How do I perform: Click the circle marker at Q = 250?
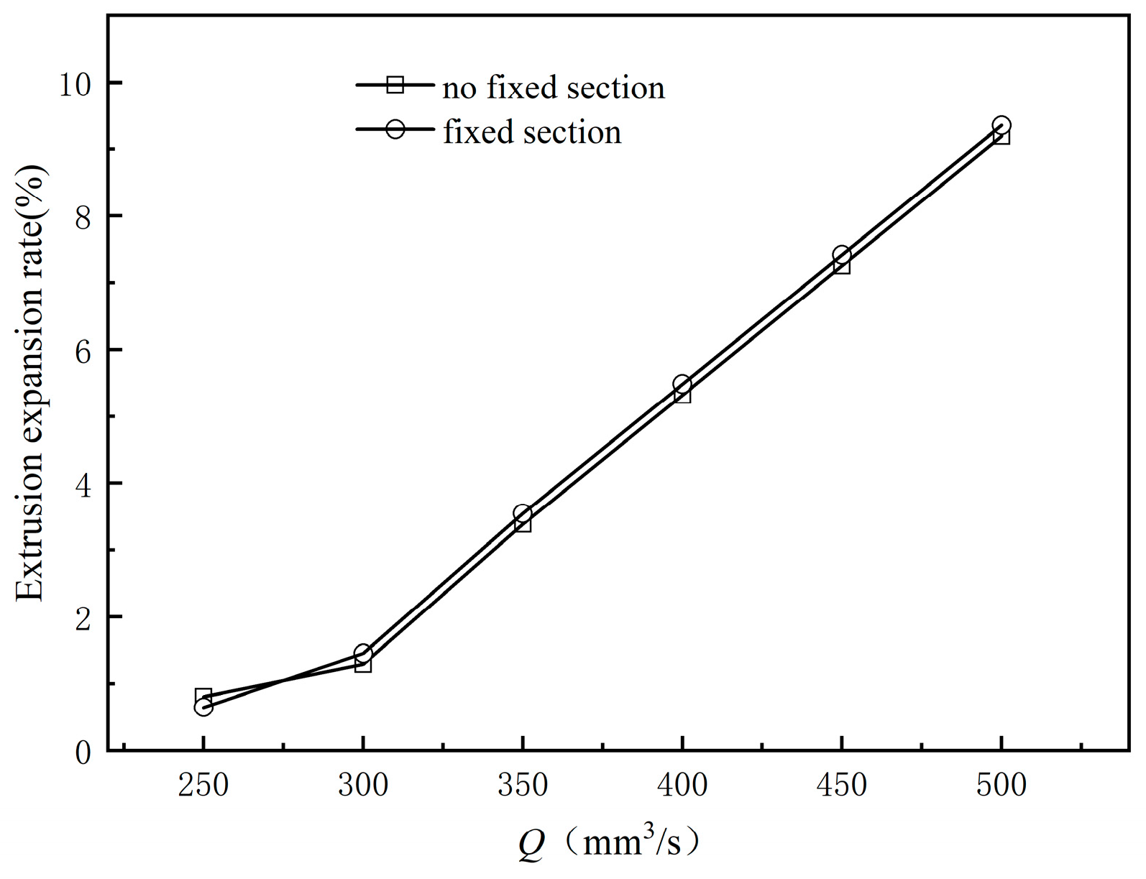coord(203,707)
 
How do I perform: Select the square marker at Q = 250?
coord(203,696)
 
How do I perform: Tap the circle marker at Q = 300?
coord(363,653)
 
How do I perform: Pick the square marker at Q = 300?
coord(363,664)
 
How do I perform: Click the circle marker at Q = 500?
coord(1001,125)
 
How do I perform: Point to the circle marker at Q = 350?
coord(523,513)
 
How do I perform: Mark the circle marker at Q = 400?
coord(682,384)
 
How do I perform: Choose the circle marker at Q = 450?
coord(842,254)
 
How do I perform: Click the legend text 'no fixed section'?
coord(554,88)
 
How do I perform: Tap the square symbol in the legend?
coord(395,85)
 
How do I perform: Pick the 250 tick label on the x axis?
coord(203,785)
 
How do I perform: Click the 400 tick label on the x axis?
coord(682,785)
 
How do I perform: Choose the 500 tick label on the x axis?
coord(1001,785)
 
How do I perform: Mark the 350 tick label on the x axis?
coord(523,785)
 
